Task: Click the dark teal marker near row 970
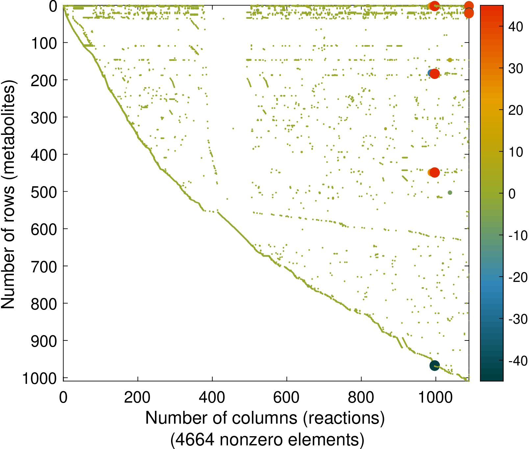[435, 365]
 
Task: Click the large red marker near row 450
[435, 172]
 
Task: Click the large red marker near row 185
[435, 74]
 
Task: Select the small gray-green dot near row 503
[450, 193]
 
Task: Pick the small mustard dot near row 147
[450, 60]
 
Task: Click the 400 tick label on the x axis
[212, 397]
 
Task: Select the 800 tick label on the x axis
[361, 397]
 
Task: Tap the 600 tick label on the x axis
[287, 397]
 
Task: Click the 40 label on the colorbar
[515, 27]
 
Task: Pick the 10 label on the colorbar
[515, 152]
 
